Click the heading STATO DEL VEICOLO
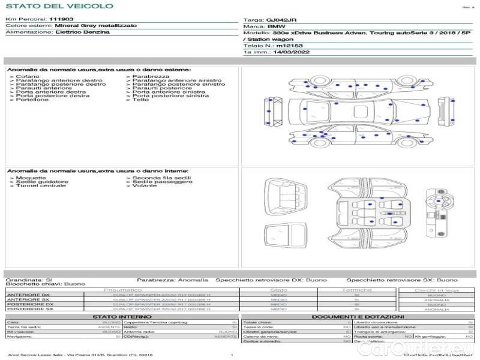click(59, 6)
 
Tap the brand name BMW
click(277, 27)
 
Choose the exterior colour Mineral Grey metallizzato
click(95, 26)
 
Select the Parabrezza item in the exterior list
click(151, 77)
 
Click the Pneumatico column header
click(123, 290)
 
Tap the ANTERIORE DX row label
click(28, 295)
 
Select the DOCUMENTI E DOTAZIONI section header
click(358, 316)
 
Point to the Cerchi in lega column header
click(436, 290)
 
